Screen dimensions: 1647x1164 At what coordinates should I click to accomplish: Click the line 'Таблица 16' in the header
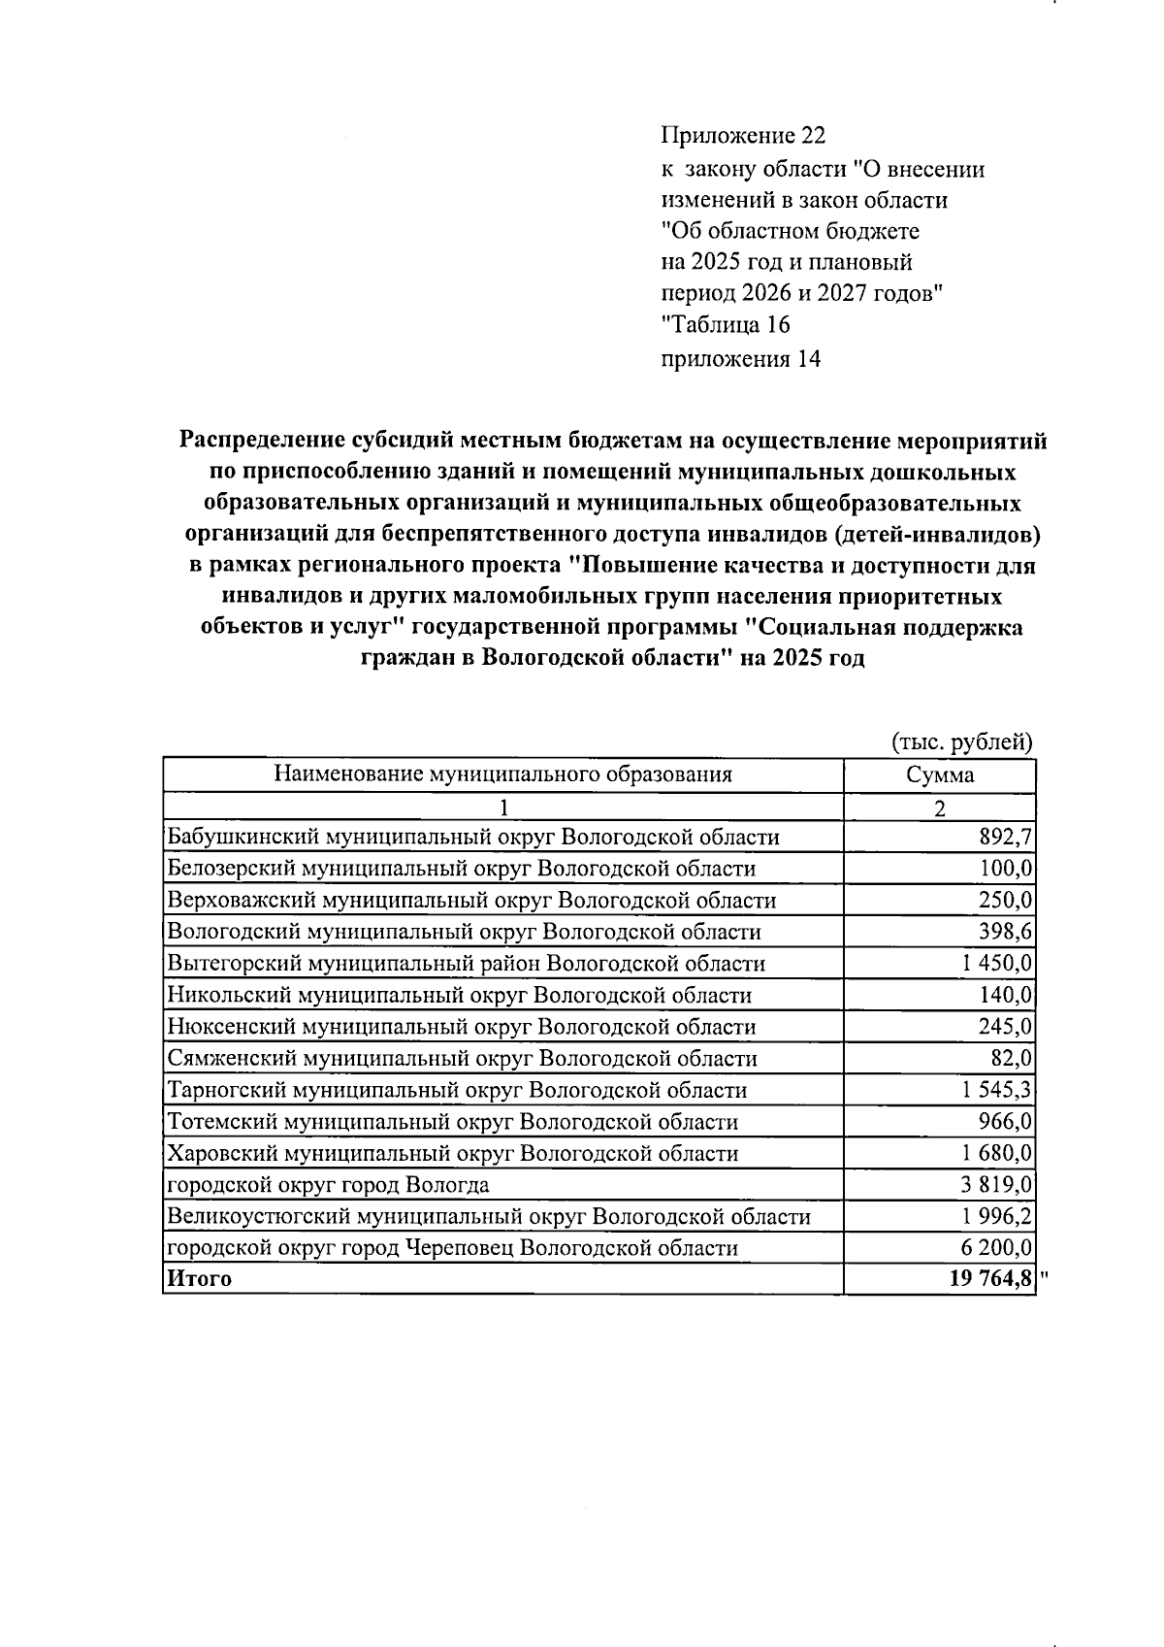pos(726,324)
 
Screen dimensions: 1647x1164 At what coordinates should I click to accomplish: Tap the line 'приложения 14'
pos(740,359)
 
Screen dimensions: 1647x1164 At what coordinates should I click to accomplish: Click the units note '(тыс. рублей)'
pos(961,742)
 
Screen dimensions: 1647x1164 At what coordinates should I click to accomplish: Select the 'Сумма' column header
pos(939,774)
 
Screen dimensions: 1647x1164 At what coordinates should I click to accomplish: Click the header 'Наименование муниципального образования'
pos(502,774)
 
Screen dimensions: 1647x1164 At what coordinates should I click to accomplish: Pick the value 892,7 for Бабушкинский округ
pos(1005,837)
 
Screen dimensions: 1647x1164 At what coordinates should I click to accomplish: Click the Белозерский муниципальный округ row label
pos(461,869)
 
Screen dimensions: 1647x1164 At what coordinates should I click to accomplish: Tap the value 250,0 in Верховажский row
pos(1005,900)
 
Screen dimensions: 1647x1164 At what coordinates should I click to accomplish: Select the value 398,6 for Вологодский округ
pos(1005,932)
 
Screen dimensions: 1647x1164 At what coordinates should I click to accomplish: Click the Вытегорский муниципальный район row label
pos(466,964)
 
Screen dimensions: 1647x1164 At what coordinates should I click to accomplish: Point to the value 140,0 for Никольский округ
pos(1005,995)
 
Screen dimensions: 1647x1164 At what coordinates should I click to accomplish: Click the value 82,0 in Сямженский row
pos(1012,1058)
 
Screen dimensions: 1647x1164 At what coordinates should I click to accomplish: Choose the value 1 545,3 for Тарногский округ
pos(997,1090)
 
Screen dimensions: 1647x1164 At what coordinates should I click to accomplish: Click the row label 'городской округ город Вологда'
pos(328,1185)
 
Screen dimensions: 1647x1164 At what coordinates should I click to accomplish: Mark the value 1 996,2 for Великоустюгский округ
pos(997,1216)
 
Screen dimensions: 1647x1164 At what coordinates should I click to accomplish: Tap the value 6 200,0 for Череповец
pos(997,1248)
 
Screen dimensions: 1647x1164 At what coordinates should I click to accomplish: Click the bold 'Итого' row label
pos(200,1278)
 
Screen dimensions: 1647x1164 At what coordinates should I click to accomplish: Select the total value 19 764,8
pos(990,1278)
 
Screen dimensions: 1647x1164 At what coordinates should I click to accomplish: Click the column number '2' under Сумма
pos(939,808)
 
